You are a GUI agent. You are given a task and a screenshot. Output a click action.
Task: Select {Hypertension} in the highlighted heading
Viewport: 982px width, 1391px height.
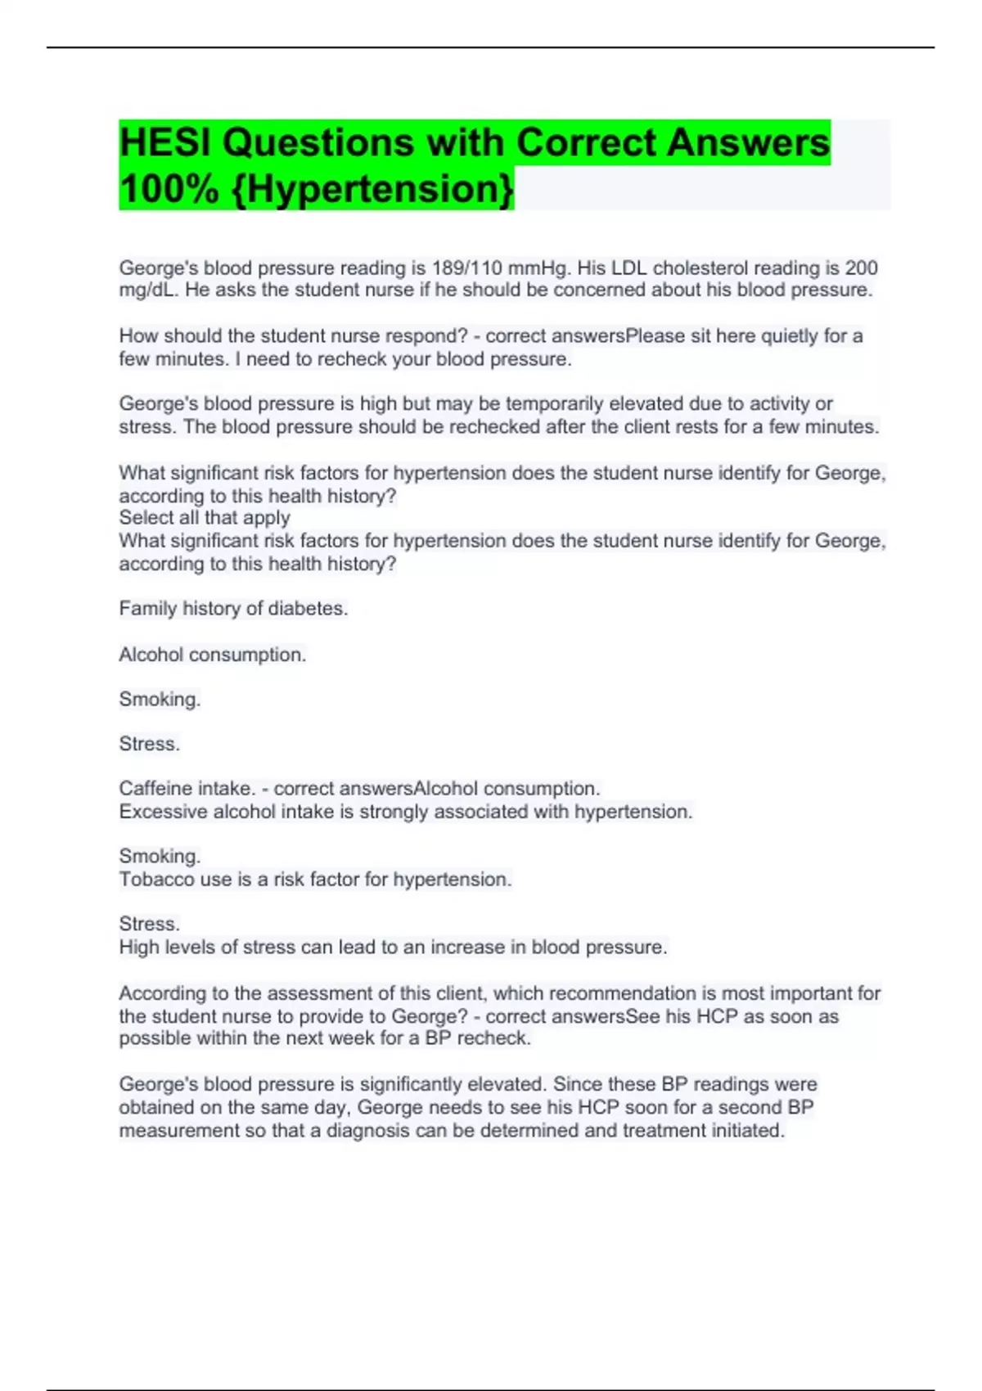click(x=373, y=189)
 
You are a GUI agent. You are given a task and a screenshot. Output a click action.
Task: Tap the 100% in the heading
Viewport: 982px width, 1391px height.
click(x=169, y=189)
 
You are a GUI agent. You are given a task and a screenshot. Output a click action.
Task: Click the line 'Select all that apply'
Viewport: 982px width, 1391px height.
click(x=205, y=518)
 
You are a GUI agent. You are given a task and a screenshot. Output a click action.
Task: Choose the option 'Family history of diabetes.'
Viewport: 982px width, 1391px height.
click(x=233, y=609)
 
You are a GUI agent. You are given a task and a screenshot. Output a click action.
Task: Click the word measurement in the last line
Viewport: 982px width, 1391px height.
click(x=177, y=1131)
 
